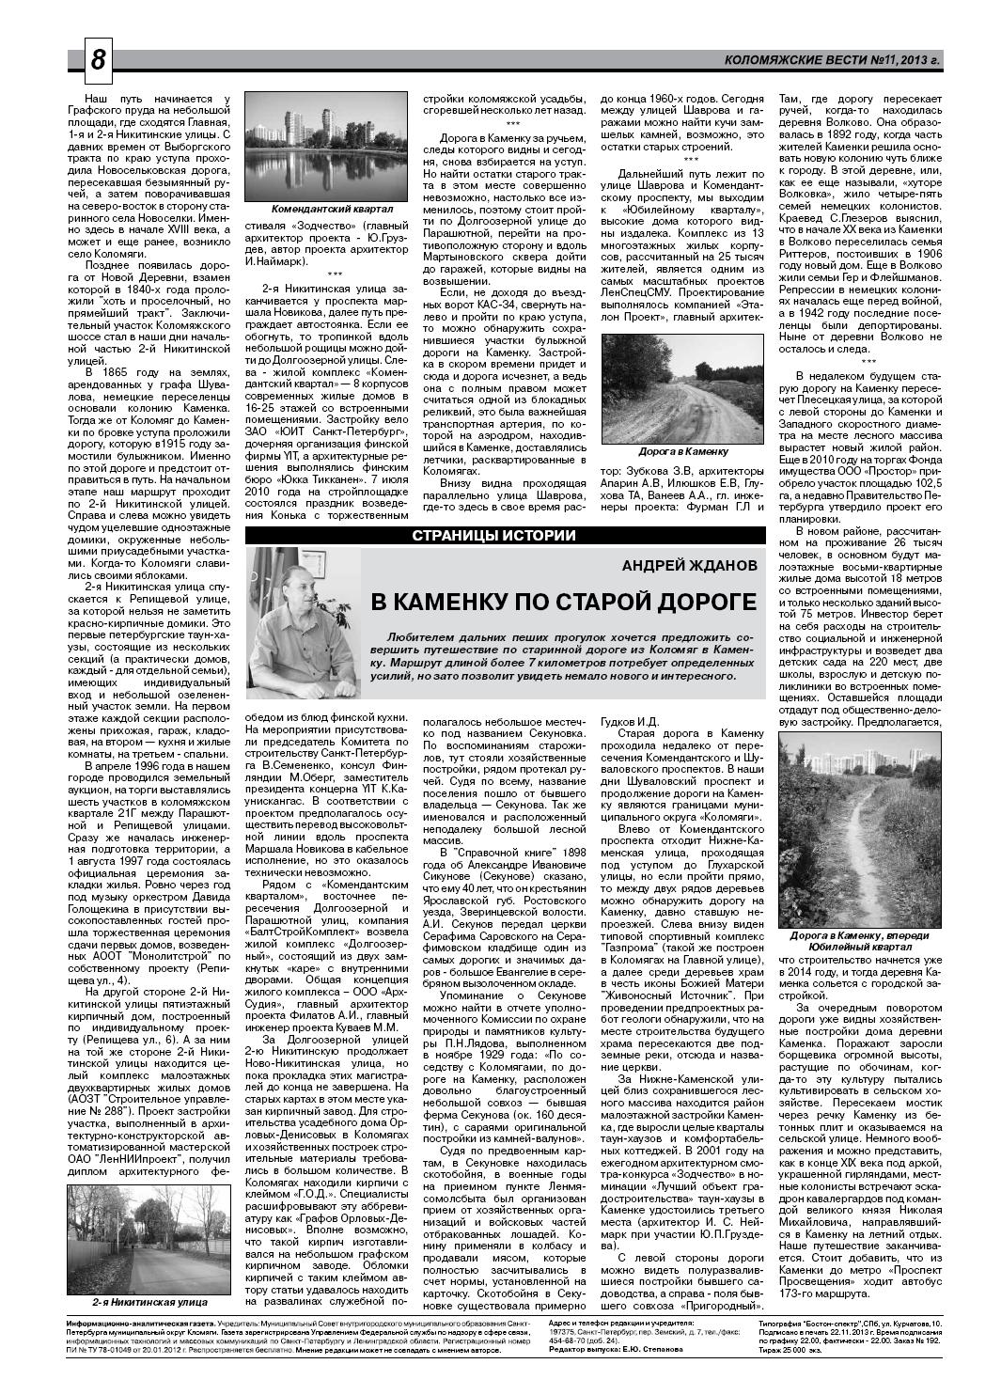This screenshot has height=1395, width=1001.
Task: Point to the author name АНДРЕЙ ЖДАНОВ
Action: [x=689, y=566]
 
